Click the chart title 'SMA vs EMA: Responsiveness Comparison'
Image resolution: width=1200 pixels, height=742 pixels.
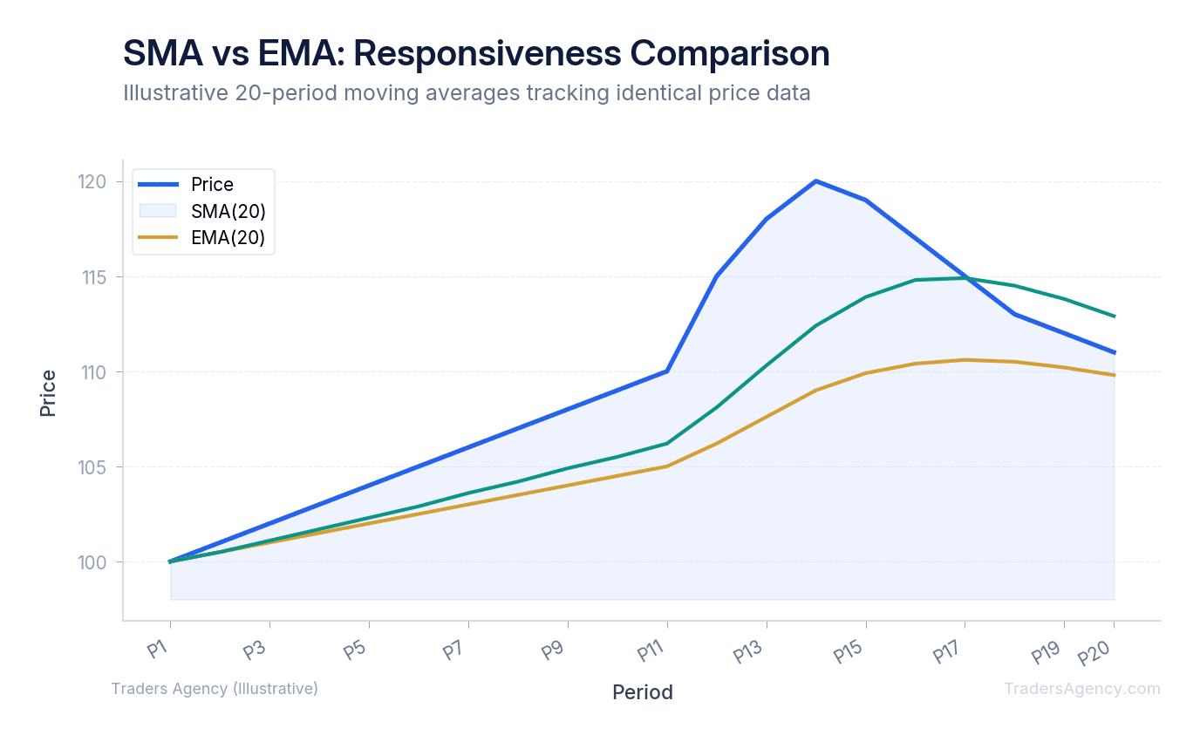tap(476, 54)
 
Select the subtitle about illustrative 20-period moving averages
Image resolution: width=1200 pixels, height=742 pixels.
tap(467, 92)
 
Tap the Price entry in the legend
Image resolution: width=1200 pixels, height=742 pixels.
tap(212, 185)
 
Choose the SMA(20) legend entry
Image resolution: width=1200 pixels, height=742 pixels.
tap(228, 211)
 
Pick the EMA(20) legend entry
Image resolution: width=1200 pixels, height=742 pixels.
tap(228, 238)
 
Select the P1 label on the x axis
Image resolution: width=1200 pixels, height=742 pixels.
tap(158, 650)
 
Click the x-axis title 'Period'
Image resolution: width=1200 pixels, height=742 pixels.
tap(642, 692)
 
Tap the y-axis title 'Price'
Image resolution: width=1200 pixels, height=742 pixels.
tap(48, 392)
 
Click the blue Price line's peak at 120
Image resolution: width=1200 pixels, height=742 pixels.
tap(815, 181)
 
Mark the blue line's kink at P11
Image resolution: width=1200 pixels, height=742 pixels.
tap(667, 371)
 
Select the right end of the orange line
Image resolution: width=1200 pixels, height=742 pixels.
tap(1114, 375)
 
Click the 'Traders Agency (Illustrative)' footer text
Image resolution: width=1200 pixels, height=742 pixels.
tap(215, 689)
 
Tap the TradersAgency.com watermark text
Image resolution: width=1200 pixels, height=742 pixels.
tap(1081, 689)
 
